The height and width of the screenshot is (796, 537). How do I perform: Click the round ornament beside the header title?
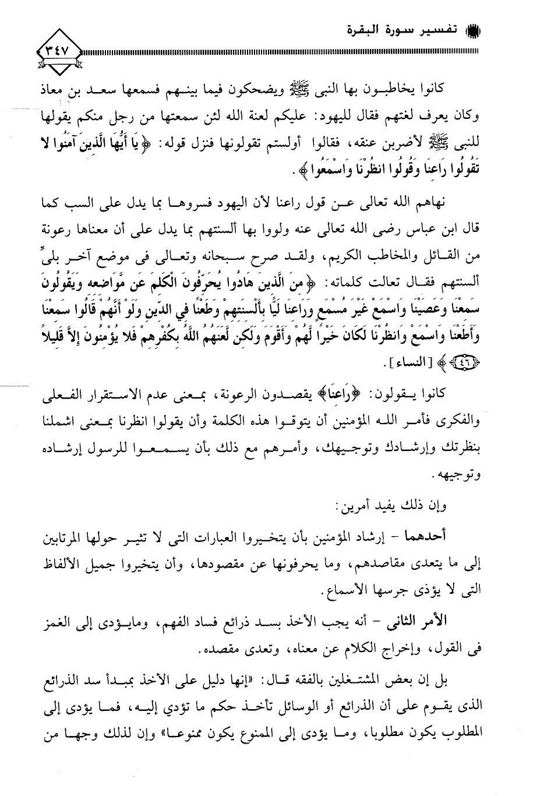[x=472, y=30]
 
